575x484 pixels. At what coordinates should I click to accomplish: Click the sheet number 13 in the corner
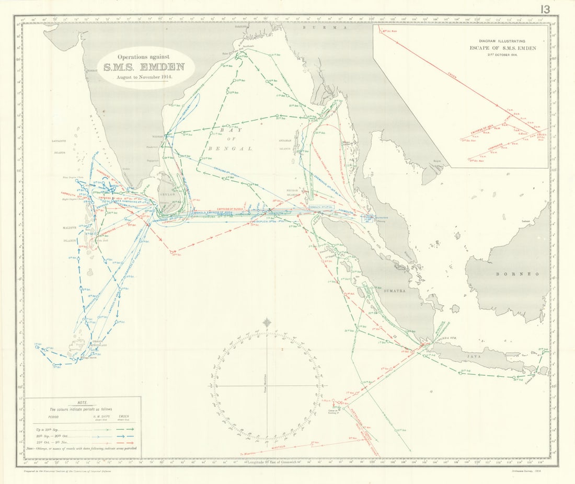click(x=545, y=9)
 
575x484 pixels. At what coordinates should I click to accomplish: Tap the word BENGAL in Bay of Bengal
click(x=238, y=148)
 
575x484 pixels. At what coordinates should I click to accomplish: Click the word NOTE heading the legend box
click(x=83, y=403)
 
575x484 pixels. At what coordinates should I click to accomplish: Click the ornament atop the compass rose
click(x=267, y=323)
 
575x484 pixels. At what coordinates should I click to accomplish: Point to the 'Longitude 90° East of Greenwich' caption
click(x=272, y=462)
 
